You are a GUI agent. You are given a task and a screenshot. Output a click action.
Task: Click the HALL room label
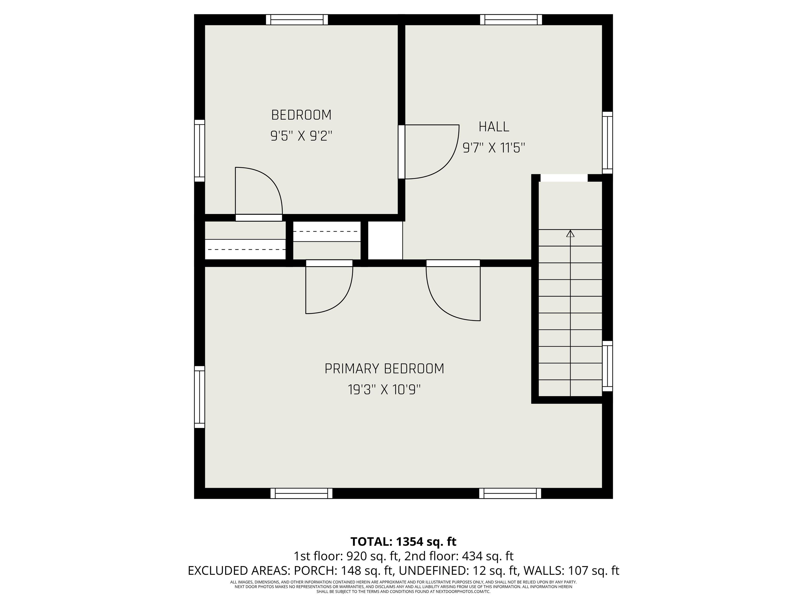pos(494,127)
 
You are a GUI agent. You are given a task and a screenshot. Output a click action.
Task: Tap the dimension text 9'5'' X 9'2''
pos(301,136)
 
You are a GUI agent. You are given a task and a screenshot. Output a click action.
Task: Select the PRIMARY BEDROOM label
pos(384,369)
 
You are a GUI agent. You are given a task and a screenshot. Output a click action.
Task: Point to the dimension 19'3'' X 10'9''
pos(384,390)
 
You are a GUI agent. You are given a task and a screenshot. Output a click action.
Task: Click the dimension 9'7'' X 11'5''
pos(494,148)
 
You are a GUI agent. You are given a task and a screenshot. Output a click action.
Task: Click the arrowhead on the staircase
pos(570,233)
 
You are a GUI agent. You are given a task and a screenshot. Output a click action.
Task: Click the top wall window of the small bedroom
pos(297,20)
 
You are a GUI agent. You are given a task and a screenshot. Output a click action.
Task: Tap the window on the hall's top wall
pos(511,20)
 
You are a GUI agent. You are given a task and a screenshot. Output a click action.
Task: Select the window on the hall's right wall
pos(607,143)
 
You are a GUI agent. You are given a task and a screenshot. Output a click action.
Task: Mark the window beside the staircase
pos(607,366)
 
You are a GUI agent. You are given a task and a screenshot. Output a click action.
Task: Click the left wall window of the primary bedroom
pos(200,397)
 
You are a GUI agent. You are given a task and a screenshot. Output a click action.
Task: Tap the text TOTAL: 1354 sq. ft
pos(403,541)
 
